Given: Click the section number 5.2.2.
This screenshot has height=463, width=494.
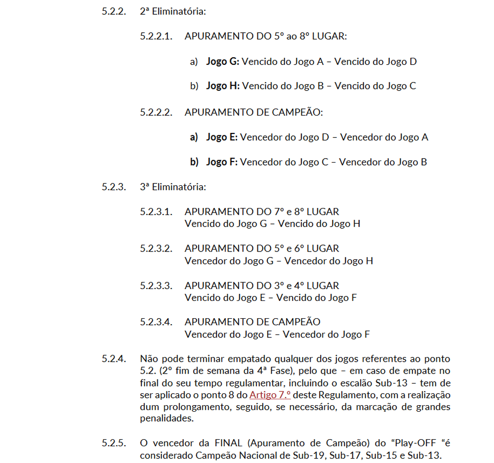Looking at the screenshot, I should (114, 11).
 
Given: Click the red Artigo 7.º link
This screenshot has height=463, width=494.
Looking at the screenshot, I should (270, 395).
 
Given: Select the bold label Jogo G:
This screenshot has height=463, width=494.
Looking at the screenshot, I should (223, 62).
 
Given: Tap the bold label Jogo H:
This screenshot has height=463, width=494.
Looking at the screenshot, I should (223, 86).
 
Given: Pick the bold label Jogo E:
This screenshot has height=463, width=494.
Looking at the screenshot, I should (222, 137).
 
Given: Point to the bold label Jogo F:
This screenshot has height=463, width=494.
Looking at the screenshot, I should (222, 162).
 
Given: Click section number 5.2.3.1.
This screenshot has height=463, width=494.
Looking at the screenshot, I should (156, 212).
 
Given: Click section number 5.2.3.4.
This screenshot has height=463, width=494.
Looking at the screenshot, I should (156, 322).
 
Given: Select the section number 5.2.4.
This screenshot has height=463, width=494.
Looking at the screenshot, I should (114, 358).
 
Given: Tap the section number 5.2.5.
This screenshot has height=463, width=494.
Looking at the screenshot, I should (114, 442).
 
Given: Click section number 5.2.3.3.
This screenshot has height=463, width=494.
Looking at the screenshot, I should (156, 286).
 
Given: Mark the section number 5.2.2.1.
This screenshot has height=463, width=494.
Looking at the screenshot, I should (156, 37).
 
